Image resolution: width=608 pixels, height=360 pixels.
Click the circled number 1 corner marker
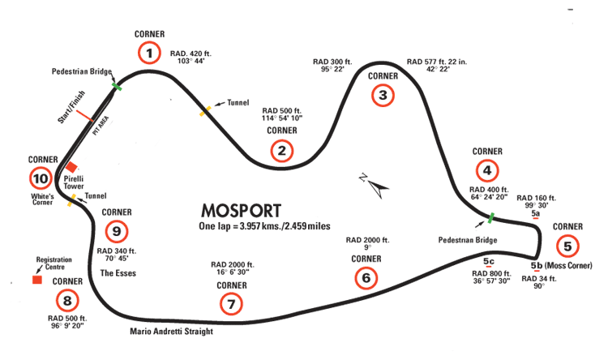point(148,54)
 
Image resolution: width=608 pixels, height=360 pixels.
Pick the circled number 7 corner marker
point(231,305)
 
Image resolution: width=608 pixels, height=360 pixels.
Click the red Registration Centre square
point(36,280)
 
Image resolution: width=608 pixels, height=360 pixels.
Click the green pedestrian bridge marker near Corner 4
point(490,217)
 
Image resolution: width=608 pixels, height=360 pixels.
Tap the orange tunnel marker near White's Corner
point(72,199)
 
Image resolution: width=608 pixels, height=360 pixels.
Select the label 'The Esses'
point(118,273)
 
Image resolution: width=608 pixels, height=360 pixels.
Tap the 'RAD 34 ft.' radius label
point(539,279)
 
